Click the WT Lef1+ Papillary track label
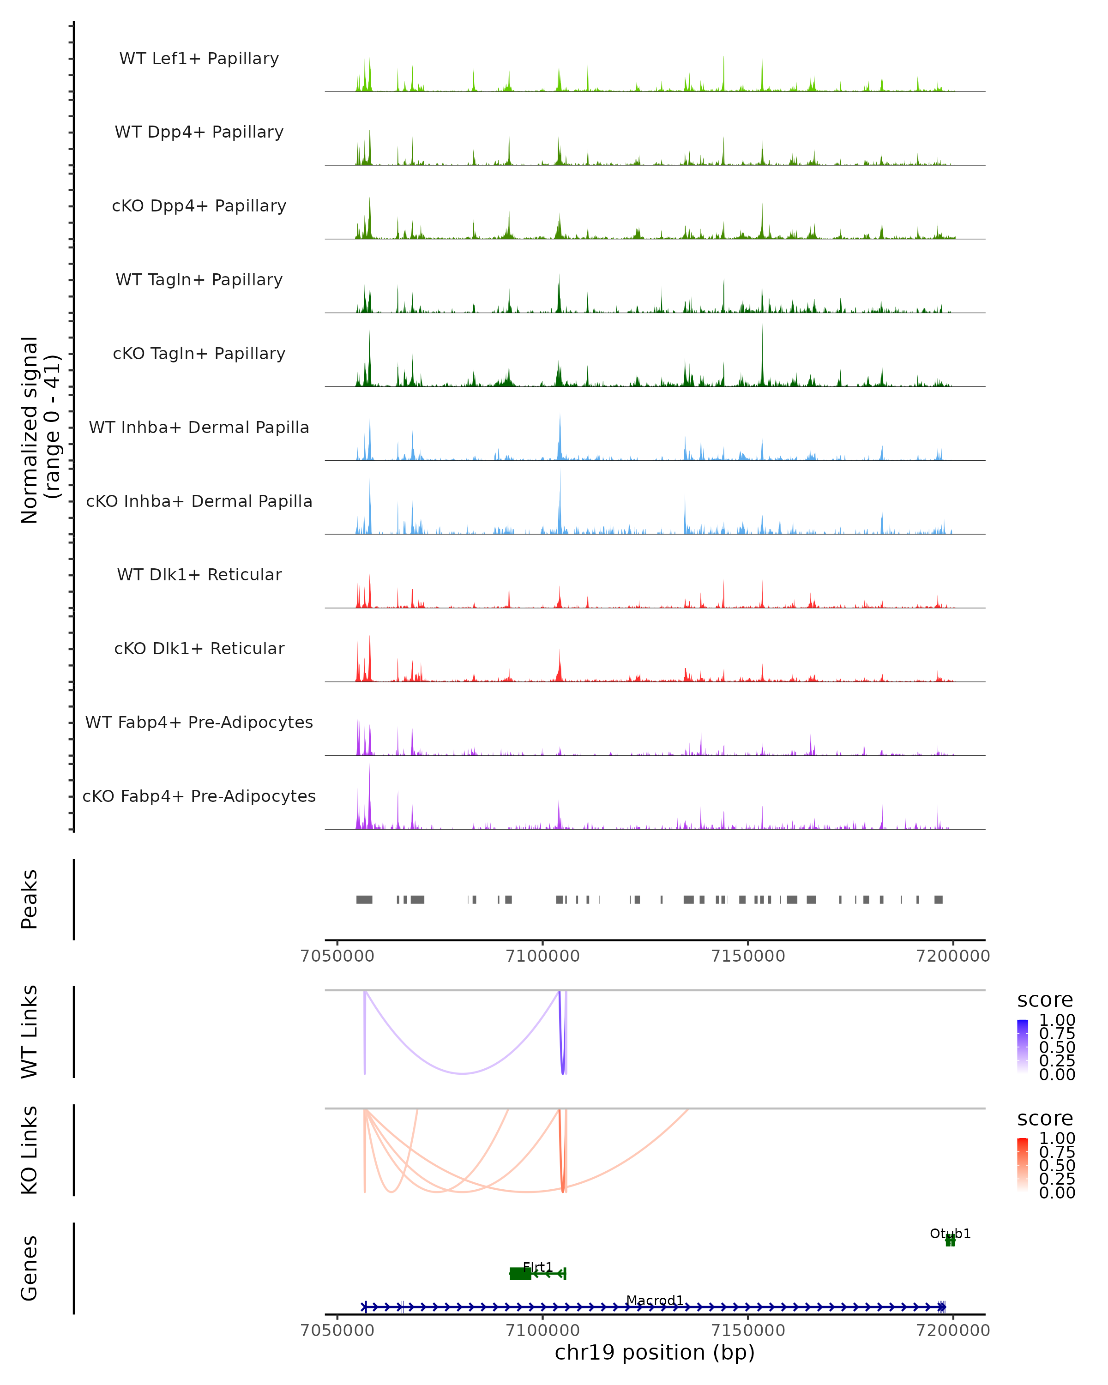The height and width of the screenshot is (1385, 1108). pyautogui.click(x=199, y=59)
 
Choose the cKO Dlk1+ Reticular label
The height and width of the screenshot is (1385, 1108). pyautogui.click(x=199, y=648)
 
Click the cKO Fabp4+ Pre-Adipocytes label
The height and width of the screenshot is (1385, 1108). pyautogui.click(x=199, y=796)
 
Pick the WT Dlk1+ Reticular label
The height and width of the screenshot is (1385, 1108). pyautogui.click(x=199, y=574)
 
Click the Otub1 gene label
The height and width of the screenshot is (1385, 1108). pyautogui.click(x=950, y=1234)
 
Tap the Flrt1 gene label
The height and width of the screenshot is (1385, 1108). pyautogui.click(x=538, y=1267)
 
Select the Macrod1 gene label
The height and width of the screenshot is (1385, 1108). pyautogui.click(x=655, y=1300)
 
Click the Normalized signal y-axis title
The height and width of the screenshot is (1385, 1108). pyautogui.click(x=40, y=430)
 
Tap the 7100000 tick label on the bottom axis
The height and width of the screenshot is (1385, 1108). pyautogui.click(x=543, y=1331)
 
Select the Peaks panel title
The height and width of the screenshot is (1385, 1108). pyautogui.click(x=30, y=899)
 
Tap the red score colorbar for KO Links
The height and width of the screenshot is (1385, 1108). pyautogui.click(x=1023, y=1165)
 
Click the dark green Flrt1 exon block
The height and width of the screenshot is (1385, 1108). pyautogui.click(x=520, y=1273)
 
